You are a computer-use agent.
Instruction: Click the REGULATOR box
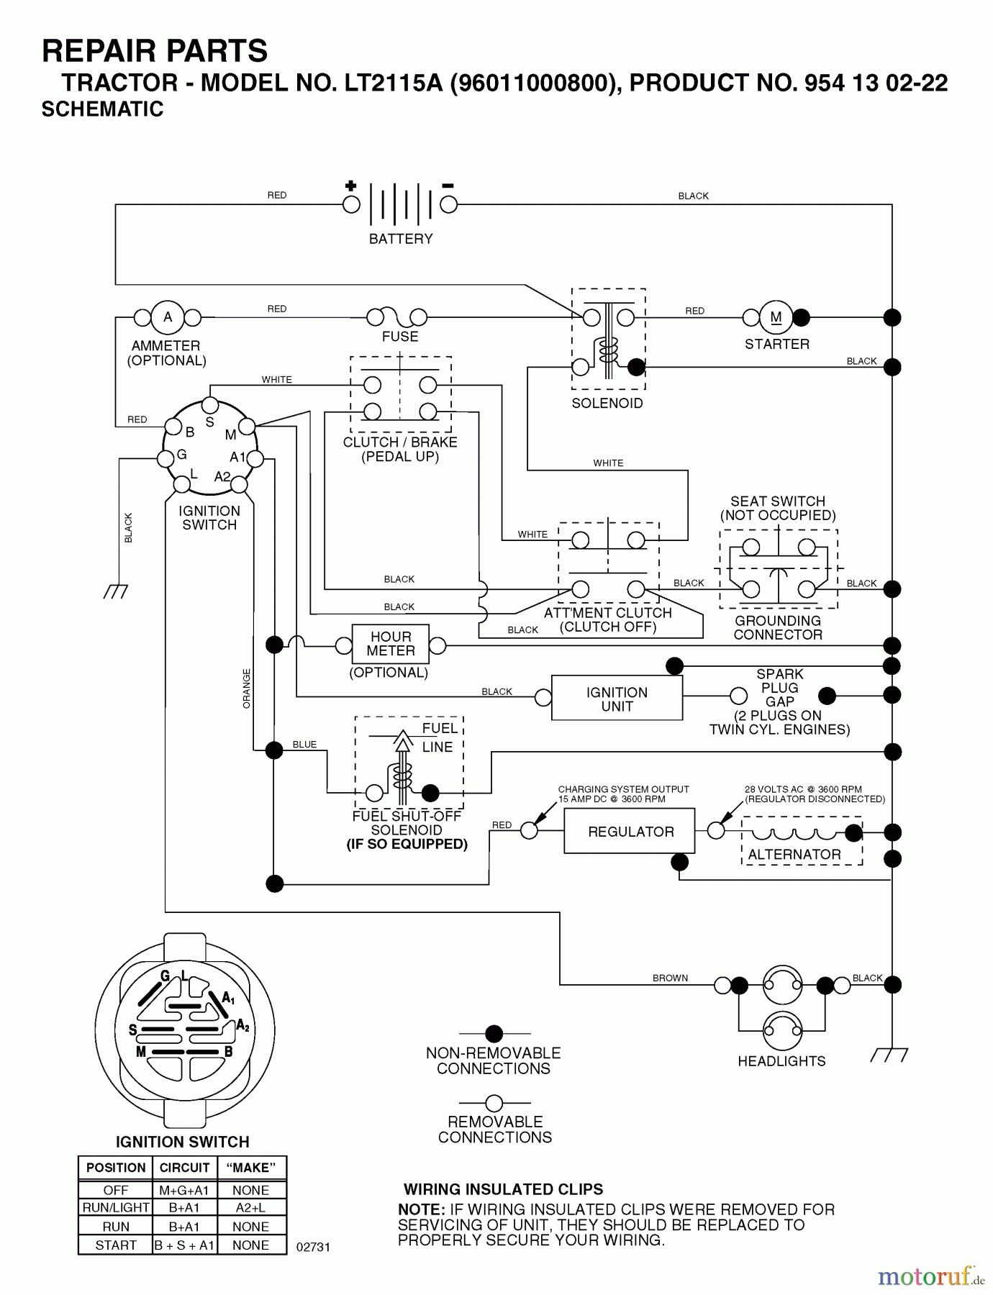(630, 831)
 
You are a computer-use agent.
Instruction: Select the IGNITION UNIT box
(617, 699)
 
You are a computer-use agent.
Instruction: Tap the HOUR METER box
(390, 644)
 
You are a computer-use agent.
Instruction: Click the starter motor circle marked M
(776, 317)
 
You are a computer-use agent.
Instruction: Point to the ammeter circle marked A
(168, 317)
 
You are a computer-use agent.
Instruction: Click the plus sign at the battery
(350, 186)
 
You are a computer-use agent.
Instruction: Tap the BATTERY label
(401, 239)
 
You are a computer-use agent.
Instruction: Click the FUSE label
(400, 337)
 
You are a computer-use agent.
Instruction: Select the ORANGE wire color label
(247, 689)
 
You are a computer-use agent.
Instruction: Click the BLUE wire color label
(304, 745)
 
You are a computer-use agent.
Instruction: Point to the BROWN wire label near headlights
(670, 978)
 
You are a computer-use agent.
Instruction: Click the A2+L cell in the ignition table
(250, 1208)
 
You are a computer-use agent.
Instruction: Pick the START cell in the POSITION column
(116, 1245)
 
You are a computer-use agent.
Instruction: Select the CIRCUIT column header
(184, 1168)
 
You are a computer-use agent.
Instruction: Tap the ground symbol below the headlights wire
(889, 1055)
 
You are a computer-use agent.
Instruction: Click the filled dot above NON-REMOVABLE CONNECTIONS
(494, 1034)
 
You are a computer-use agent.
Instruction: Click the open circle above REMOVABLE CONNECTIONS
(494, 1103)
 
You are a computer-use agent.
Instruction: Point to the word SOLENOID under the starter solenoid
(607, 404)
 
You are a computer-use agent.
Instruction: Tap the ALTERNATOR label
(794, 855)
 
